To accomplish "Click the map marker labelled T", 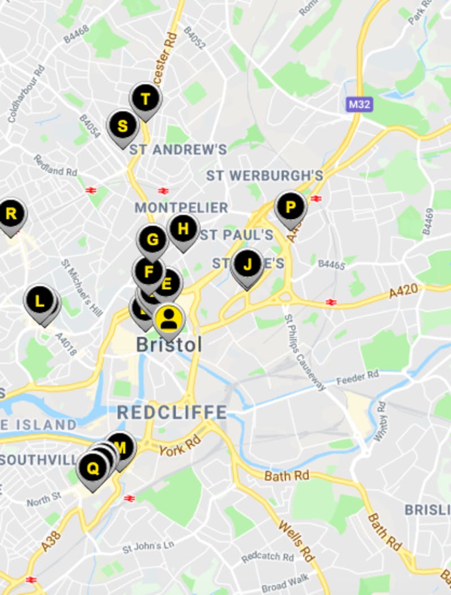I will pyautogui.click(x=145, y=99).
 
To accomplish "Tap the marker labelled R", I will pyautogui.click(x=11, y=214).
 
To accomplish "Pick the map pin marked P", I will pyautogui.click(x=290, y=207).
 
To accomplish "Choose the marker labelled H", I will pyautogui.click(x=183, y=229).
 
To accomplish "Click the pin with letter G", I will pyautogui.click(x=152, y=239).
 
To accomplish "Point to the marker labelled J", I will pyautogui.click(x=247, y=264).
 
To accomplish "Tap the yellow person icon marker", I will pyautogui.click(x=169, y=320).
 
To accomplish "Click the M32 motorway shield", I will pyautogui.click(x=360, y=104).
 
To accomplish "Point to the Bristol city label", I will pyautogui.click(x=169, y=345).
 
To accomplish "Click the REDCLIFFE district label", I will pyautogui.click(x=172, y=412).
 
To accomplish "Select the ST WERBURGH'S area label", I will pyautogui.click(x=264, y=175).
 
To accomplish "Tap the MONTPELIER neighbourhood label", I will pyautogui.click(x=181, y=208).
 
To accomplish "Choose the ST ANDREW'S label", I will pyautogui.click(x=178, y=149).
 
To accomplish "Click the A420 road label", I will pyautogui.click(x=404, y=291).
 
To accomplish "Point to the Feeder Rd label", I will pyautogui.click(x=357, y=377).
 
